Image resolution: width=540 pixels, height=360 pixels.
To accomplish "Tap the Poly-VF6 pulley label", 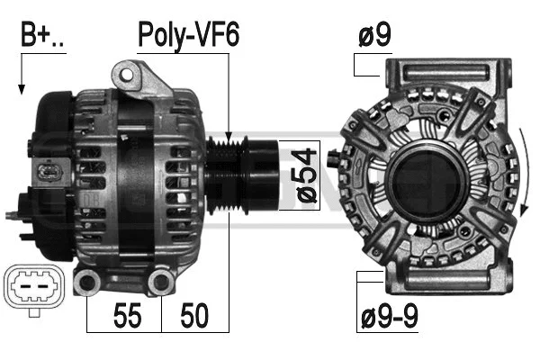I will coord(187,35).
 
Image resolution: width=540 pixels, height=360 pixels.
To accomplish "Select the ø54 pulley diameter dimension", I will coord(306,176).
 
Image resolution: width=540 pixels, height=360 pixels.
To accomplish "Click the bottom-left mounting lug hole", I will coord(87,283).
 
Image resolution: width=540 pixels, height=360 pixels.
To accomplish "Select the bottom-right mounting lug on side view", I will coord(161,283).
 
